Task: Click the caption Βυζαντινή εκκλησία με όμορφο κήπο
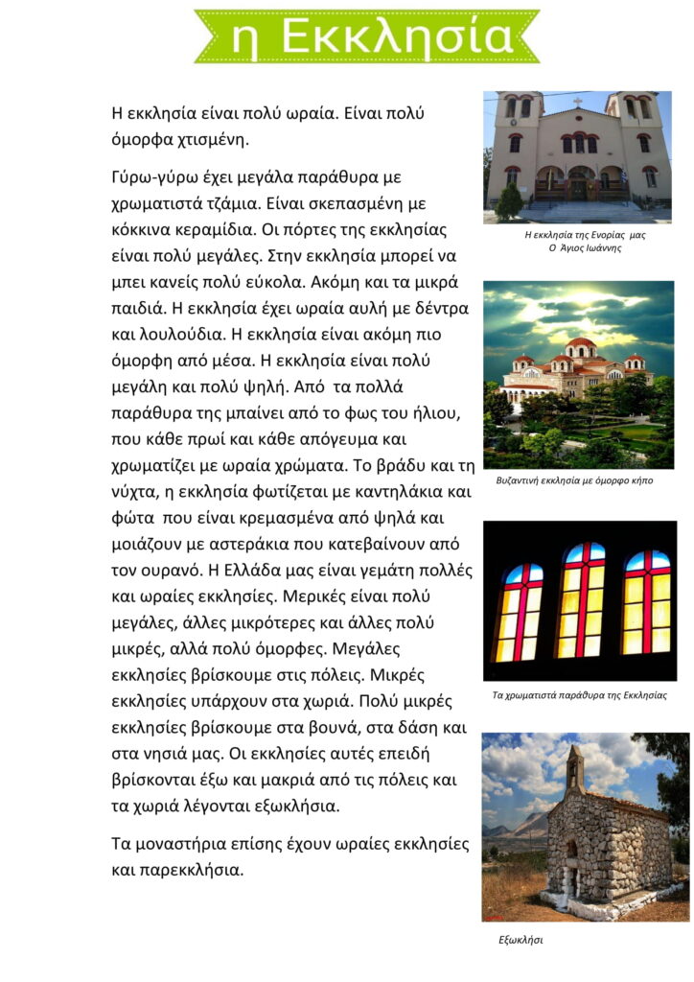574,480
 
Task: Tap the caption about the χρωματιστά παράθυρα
579,694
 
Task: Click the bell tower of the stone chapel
573,769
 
